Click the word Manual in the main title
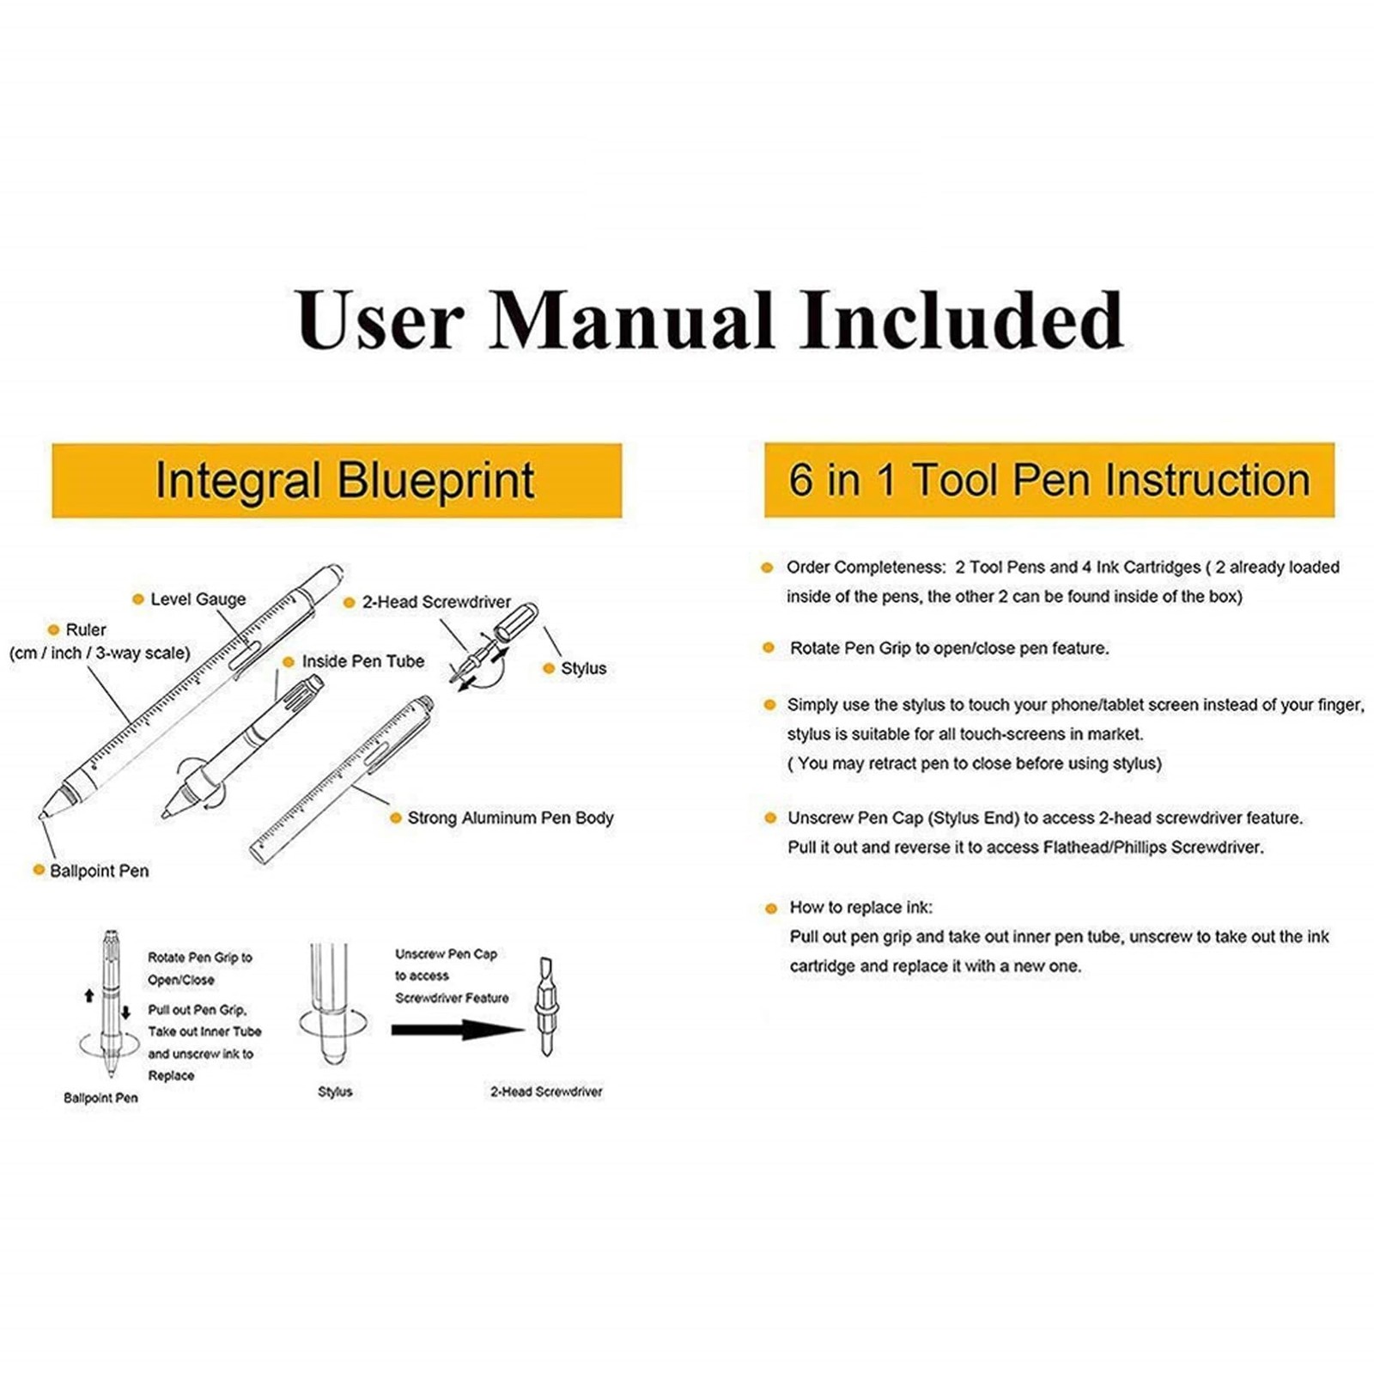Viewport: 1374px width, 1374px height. coord(631,319)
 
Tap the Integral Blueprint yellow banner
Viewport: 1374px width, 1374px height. coord(337,480)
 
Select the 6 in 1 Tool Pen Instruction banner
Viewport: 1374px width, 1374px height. coord(1049,480)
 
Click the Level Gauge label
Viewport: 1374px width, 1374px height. coord(198,599)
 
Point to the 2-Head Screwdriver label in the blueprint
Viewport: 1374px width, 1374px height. coord(436,602)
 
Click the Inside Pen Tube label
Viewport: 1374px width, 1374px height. coord(362,661)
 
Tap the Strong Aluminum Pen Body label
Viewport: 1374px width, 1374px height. coord(510,818)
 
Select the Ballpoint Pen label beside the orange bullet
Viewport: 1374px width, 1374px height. coord(99,871)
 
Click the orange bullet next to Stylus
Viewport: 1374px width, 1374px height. coord(549,668)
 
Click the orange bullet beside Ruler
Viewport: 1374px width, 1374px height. coord(53,629)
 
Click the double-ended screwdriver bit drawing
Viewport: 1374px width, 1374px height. coord(545,1006)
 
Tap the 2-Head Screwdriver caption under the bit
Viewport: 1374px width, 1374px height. coord(546,1091)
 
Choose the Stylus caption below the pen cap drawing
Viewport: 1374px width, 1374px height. coord(335,1091)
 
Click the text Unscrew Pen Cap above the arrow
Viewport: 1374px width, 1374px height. coord(446,954)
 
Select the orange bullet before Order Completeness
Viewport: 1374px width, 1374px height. coord(767,567)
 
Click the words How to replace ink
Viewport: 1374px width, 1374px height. coord(860,908)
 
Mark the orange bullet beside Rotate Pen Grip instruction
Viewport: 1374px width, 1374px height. coord(769,647)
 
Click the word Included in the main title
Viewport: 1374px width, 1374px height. coord(961,319)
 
